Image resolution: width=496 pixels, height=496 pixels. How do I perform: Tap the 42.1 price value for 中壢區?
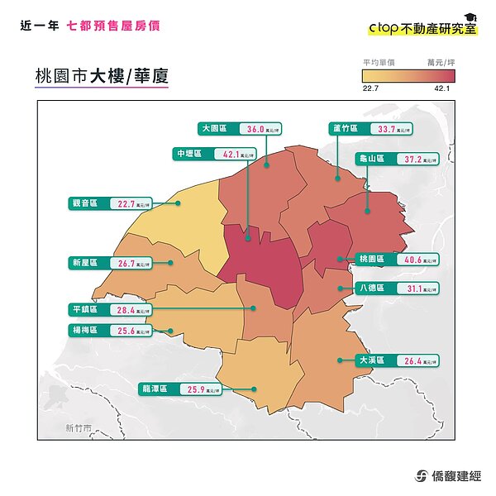tap(230, 154)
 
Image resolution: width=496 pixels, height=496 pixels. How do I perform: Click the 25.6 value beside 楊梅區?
tap(126, 331)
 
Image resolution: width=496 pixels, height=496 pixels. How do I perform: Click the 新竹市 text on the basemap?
tap(79, 428)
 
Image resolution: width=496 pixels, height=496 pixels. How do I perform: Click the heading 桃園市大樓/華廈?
tap(101, 75)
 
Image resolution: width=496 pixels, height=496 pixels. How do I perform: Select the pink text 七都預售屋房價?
tap(114, 26)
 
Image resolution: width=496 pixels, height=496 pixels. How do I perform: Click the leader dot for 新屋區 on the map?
tap(170, 263)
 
